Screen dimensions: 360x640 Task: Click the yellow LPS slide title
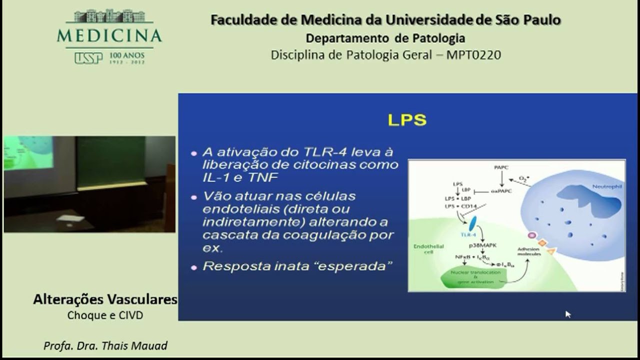tap(407, 120)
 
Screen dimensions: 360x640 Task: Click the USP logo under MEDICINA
tap(88, 58)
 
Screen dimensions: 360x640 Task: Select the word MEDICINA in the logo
tap(109, 35)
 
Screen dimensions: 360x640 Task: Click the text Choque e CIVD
tap(105, 315)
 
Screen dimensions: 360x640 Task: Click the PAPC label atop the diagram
tap(501, 167)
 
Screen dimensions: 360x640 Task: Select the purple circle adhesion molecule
tap(532, 235)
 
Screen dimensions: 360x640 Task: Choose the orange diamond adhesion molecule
tap(541, 243)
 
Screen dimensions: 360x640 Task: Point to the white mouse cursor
tap(567, 313)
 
